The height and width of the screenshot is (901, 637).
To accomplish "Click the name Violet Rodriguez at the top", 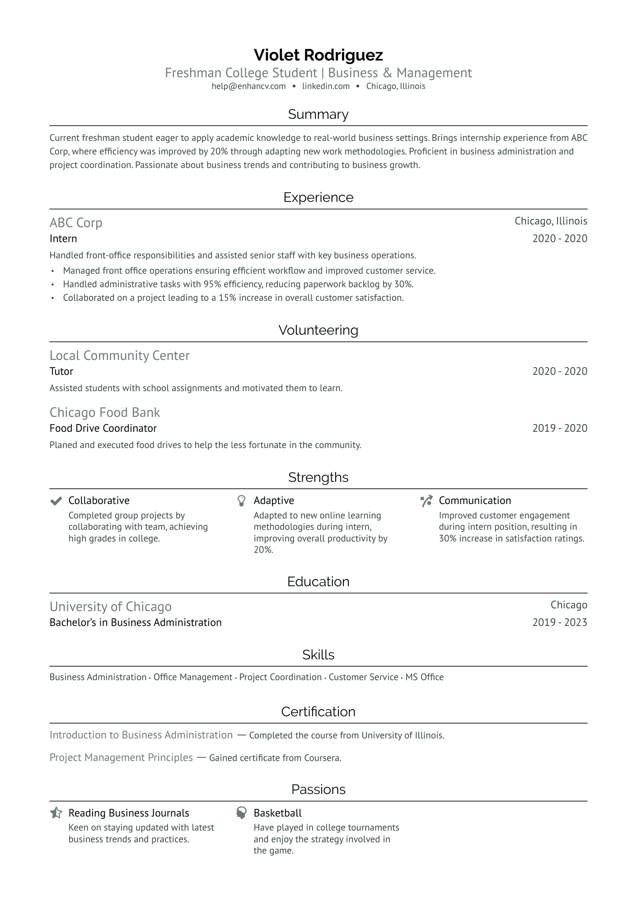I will (x=318, y=55).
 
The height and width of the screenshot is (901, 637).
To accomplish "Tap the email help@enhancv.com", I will (x=248, y=86).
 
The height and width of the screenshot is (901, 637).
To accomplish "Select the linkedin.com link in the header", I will (x=326, y=86).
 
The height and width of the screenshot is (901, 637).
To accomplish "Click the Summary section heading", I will (x=318, y=114).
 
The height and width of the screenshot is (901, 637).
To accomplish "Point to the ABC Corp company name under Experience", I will (x=76, y=223).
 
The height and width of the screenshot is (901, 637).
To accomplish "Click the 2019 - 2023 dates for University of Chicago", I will (x=559, y=622).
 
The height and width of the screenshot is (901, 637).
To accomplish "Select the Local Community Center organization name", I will (x=119, y=355).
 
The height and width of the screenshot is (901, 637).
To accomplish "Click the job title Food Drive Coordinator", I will (x=103, y=428).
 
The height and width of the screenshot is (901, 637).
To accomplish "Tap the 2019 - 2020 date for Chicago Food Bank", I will (x=559, y=428).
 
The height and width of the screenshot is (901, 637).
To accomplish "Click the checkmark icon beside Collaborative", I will (x=56, y=501).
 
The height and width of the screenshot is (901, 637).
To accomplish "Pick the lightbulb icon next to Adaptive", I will (x=241, y=501).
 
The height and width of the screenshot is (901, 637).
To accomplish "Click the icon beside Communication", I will (x=426, y=501).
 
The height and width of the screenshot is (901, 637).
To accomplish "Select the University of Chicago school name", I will (x=110, y=607).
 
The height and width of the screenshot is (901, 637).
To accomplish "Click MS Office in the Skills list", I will (x=424, y=677).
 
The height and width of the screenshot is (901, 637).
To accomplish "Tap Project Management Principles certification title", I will (x=121, y=757).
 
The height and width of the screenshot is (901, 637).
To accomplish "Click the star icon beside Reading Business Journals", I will (x=56, y=813).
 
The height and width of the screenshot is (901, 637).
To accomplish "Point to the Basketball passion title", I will (x=277, y=813).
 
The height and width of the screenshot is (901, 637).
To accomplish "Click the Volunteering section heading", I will (x=318, y=330).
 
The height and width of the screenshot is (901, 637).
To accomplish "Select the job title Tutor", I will (x=61, y=371).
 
